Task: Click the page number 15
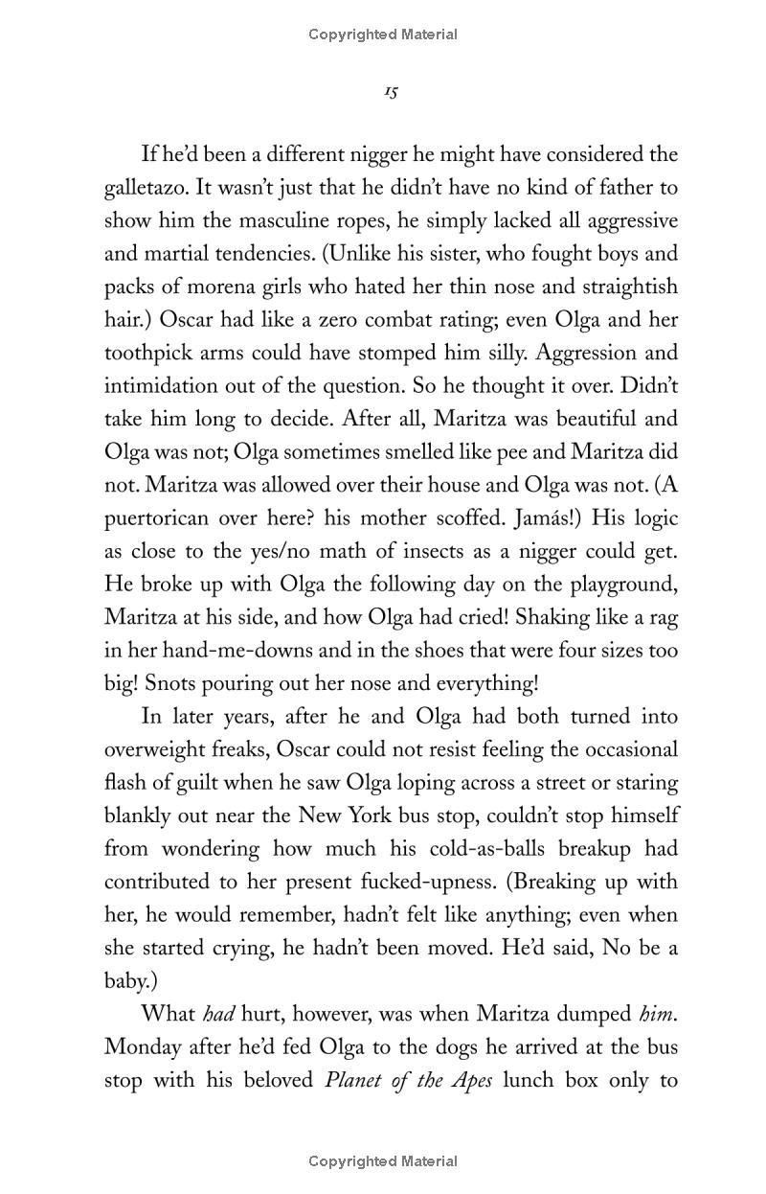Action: (391, 92)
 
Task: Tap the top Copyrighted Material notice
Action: (383, 34)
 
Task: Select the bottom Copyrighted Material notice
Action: (383, 1161)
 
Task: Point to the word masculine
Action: (308, 220)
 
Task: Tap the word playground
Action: (615, 585)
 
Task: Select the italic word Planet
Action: (356, 1080)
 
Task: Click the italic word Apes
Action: (467, 1080)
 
